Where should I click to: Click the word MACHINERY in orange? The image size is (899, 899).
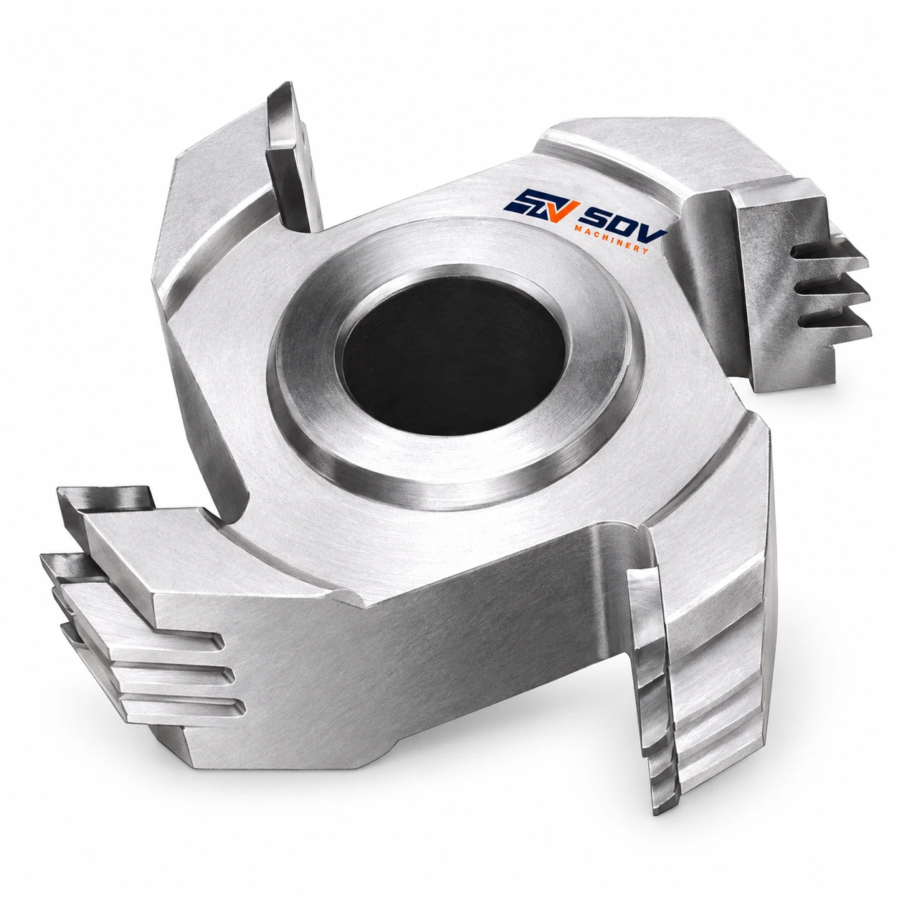612,239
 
